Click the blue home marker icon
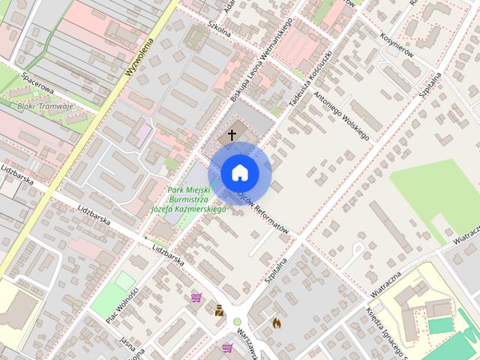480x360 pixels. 239,173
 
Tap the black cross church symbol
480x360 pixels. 232,135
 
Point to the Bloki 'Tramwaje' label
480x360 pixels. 43,106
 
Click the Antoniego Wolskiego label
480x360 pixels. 341,115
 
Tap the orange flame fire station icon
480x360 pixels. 276,323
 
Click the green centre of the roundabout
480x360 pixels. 238,322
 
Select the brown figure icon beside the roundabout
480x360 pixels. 219,310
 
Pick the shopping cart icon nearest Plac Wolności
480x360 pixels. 196,298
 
